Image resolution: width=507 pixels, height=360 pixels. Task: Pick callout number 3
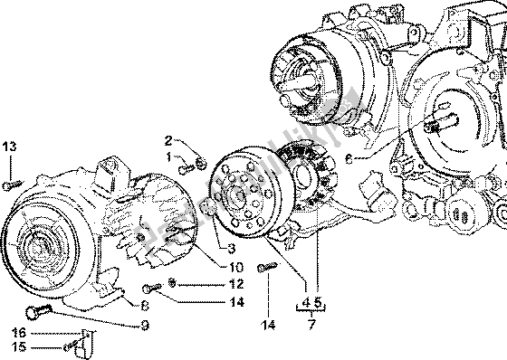coord(232,248)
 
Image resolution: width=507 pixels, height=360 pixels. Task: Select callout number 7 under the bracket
coord(312,323)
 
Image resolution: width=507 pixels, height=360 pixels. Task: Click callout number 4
coord(305,302)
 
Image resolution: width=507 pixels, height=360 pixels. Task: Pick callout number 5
coord(319,302)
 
